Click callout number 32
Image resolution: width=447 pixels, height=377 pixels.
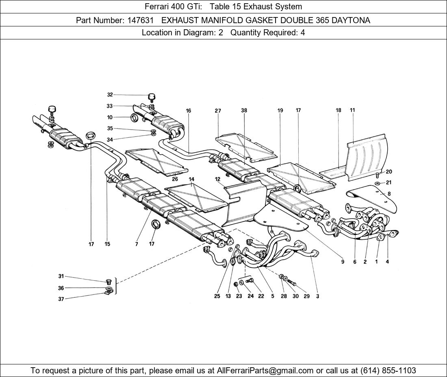click(x=110, y=95)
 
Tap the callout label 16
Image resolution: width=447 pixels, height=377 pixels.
click(x=188, y=110)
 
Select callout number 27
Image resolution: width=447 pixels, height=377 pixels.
click(x=218, y=110)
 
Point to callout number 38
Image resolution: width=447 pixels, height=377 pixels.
click(x=244, y=110)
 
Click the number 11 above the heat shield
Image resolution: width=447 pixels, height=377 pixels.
click(x=352, y=110)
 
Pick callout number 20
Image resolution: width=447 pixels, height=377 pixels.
click(x=389, y=172)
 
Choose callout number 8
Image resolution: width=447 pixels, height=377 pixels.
click(x=389, y=194)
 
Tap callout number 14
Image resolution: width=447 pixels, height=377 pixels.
click(x=191, y=179)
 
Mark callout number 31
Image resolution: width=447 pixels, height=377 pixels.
click(x=61, y=276)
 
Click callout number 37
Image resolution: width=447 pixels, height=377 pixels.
click(x=61, y=299)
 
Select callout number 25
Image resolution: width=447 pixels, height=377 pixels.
click(x=217, y=296)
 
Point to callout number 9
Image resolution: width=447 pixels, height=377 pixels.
click(x=343, y=262)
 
